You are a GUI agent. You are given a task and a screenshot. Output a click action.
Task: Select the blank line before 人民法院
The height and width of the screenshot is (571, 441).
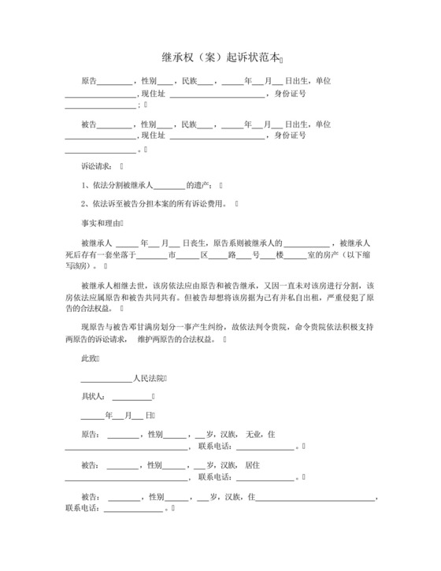coord(106,379)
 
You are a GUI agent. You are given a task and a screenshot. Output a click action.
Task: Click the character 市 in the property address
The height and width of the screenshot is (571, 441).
coord(172,255)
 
